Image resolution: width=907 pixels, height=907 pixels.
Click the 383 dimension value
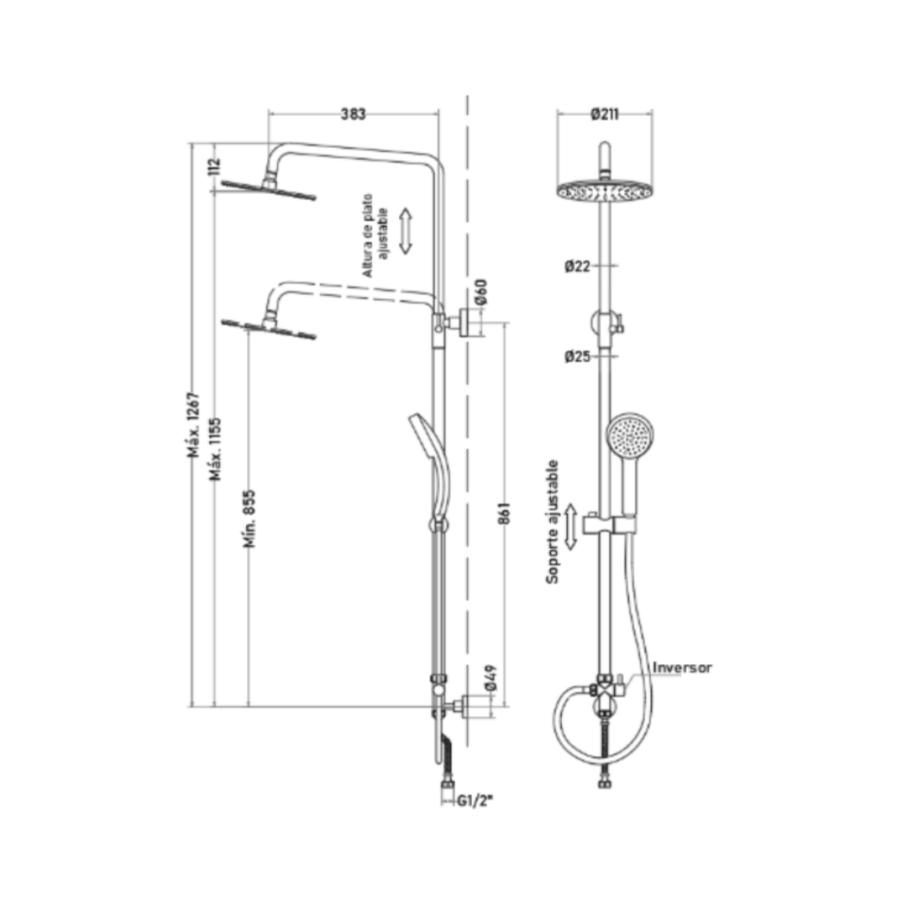click(x=352, y=114)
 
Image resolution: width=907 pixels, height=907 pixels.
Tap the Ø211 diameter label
click(x=605, y=114)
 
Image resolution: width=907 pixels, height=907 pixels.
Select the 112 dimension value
click(x=214, y=166)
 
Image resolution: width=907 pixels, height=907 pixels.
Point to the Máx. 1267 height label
click(x=193, y=425)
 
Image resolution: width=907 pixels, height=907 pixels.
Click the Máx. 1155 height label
click(x=216, y=448)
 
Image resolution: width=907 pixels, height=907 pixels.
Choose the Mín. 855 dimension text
click(x=249, y=519)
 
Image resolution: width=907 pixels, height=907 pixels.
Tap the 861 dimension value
click(x=504, y=513)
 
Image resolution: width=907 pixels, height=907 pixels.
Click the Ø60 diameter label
click(x=481, y=292)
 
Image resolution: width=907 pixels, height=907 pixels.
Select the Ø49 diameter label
click(x=491, y=678)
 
